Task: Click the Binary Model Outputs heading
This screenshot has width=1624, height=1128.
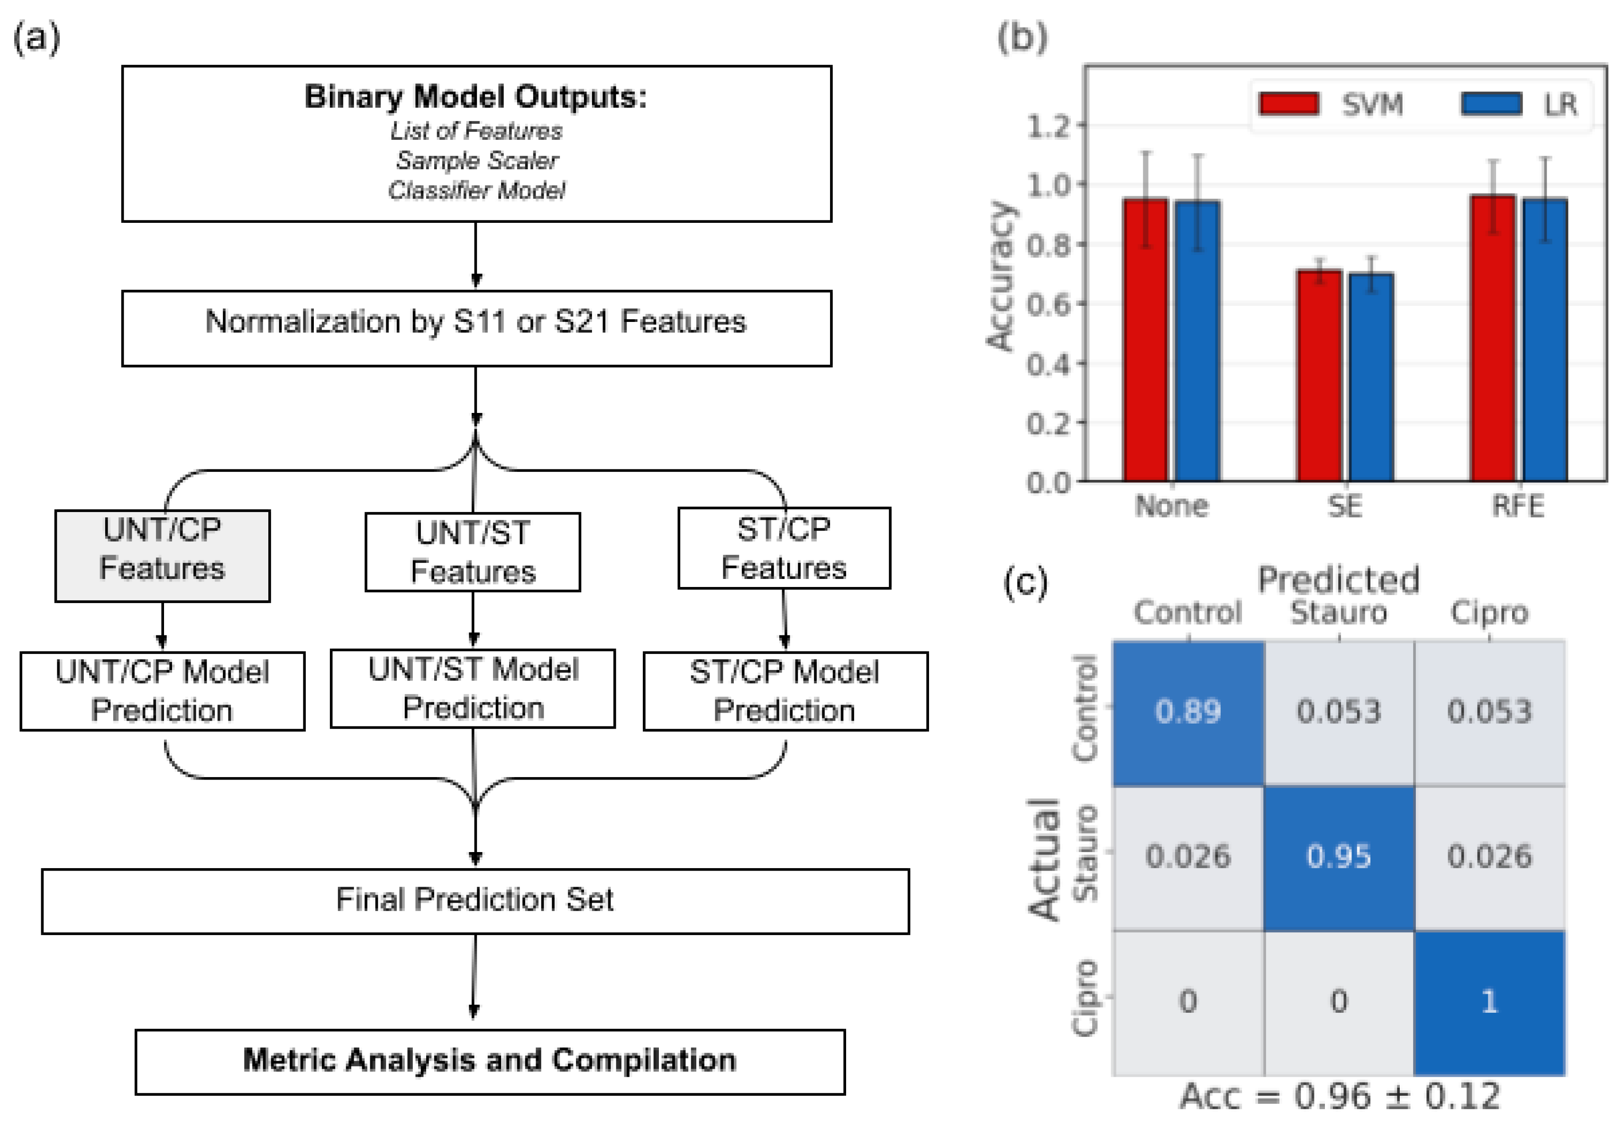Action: point(475,97)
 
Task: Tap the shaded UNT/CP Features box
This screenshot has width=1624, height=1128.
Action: point(163,556)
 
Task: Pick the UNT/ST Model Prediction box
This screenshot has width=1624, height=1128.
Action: point(473,688)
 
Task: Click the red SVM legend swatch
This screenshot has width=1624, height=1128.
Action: point(1289,103)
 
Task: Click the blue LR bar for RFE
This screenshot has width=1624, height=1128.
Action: point(1545,339)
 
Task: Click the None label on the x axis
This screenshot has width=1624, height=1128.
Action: point(1171,506)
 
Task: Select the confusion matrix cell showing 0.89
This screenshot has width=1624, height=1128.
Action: point(1188,712)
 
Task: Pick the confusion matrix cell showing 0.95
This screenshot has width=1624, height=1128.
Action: point(1339,857)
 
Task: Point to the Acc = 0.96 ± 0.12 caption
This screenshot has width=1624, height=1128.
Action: point(1339,1096)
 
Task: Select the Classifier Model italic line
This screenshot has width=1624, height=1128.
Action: point(476,190)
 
